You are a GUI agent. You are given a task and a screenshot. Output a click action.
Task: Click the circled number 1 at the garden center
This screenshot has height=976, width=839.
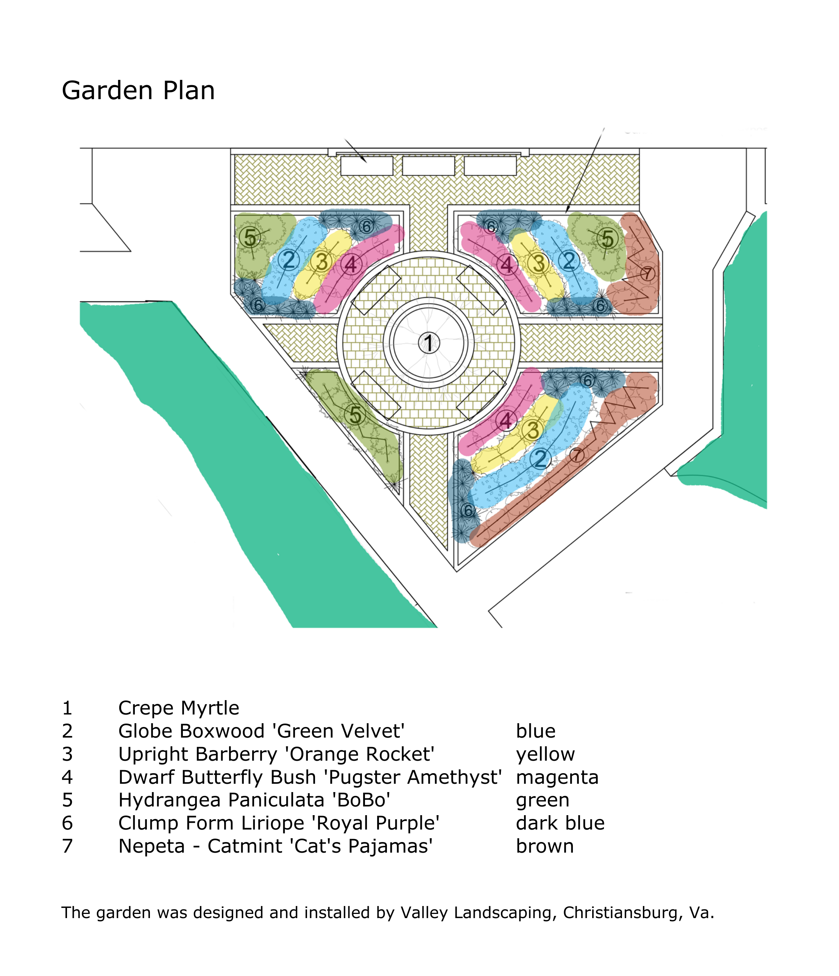click(429, 342)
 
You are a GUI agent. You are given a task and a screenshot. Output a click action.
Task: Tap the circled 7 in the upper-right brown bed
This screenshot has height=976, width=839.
click(647, 273)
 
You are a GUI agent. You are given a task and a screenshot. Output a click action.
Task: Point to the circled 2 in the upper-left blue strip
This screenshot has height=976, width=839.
click(289, 260)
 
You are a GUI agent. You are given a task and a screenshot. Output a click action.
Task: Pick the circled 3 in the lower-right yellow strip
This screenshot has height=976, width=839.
click(532, 430)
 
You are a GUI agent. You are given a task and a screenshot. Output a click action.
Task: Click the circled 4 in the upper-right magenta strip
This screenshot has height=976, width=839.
click(507, 264)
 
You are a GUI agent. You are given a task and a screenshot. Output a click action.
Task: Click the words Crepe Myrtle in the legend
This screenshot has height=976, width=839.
click(179, 708)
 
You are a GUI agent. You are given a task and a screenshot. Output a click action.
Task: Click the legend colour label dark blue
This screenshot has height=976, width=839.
click(560, 823)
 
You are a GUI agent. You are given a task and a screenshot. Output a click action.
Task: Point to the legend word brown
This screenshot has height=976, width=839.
click(544, 846)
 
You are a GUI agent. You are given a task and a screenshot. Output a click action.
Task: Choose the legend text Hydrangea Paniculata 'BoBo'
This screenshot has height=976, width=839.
click(254, 800)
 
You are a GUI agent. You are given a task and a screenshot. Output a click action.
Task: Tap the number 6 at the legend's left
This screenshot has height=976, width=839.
click(67, 823)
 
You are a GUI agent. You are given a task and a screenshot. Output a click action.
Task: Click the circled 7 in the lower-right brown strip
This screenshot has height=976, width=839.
click(577, 455)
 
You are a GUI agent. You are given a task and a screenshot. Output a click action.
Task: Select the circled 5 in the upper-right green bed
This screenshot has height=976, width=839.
click(608, 239)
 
